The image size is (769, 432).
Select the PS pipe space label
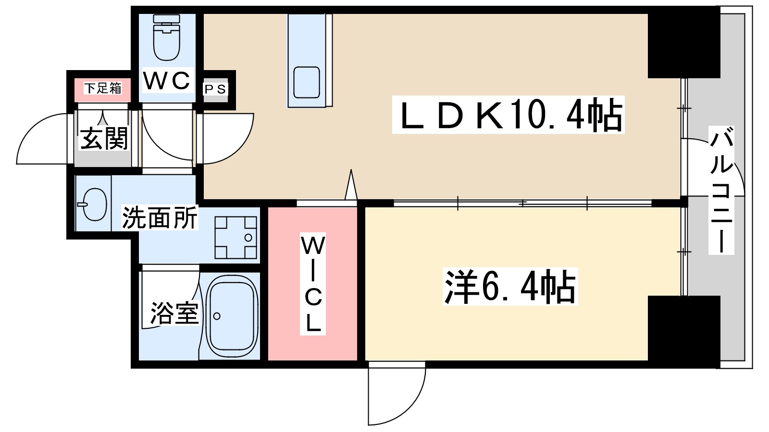tap(215, 89)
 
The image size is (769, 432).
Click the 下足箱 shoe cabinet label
tap(103, 88)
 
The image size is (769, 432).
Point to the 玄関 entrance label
tap(104, 138)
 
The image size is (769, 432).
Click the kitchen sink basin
tap(306, 82)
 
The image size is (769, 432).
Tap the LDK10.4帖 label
tap(508, 115)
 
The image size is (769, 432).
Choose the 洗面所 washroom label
tap(160, 218)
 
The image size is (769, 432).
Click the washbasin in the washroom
tap(94, 204)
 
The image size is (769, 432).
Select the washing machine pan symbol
tap(236, 238)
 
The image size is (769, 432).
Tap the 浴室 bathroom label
tap(174, 313)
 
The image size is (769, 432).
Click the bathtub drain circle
tap(217, 316)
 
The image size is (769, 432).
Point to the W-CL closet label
tap(312, 284)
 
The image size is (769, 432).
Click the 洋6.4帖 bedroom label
tap(510, 287)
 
